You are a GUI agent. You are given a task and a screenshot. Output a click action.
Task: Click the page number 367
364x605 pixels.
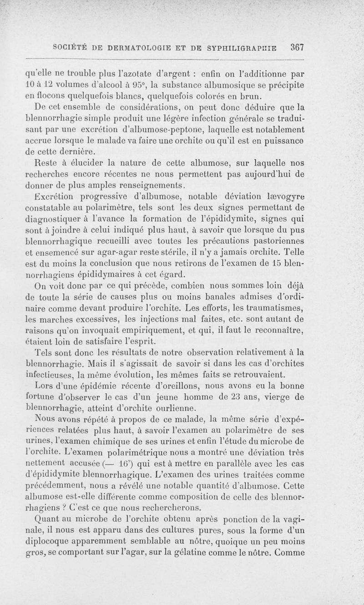295,47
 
